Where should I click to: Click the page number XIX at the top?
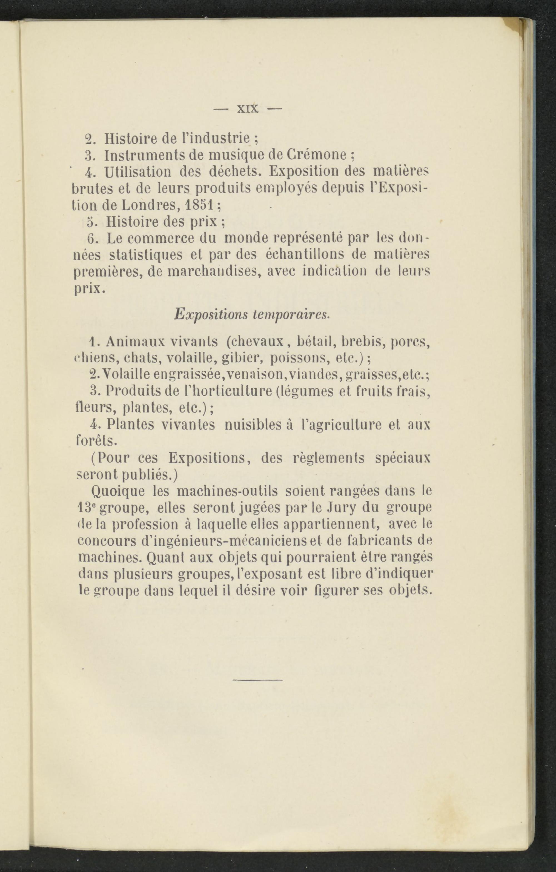pyautogui.click(x=248, y=109)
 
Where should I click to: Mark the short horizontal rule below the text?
pyautogui.click(x=257, y=680)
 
